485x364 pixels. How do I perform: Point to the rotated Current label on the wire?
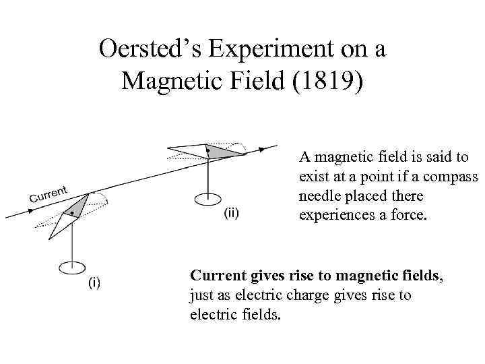click(x=49, y=194)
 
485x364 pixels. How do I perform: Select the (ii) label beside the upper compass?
click(x=230, y=214)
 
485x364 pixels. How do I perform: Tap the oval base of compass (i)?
click(x=71, y=268)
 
